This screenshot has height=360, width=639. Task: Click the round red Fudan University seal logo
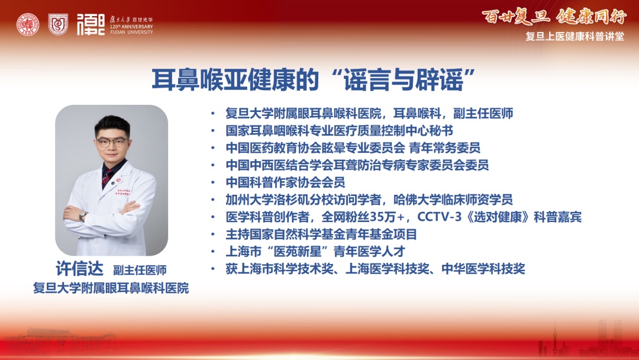coord(28,24)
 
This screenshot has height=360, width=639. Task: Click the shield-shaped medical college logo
coord(58,24)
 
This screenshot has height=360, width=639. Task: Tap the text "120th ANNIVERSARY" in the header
coord(131,27)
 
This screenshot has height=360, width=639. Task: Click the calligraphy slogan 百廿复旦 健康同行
coord(554,17)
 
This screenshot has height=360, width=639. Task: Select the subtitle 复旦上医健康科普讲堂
coord(575,36)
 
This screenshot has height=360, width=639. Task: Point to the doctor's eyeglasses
coord(112,142)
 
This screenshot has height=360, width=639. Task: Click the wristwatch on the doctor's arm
coord(83,216)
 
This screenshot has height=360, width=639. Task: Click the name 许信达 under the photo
coord(80,269)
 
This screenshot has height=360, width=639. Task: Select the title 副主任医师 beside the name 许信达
coord(140,271)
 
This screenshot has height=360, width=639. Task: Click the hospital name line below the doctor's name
coord(111,288)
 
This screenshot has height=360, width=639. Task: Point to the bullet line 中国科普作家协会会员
coord(285,182)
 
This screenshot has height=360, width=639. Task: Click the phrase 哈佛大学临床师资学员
coord(453,200)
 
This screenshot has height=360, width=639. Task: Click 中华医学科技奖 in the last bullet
coord(483,269)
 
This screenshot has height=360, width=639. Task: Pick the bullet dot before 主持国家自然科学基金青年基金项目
coord(213,234)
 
